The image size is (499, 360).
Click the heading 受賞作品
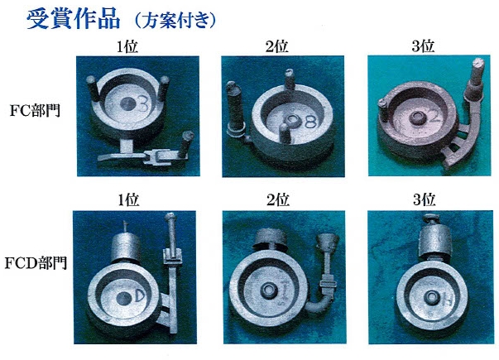(73, 19)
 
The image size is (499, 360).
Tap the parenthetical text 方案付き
(175, 21)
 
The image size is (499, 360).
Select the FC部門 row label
(35, 111)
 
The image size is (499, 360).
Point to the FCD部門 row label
(36, 263)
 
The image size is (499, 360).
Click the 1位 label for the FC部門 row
(127, 47)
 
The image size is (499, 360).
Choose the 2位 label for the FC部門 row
(277, 47)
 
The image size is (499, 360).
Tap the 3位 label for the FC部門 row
(423, 46)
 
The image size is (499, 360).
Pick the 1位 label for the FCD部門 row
(128, 200)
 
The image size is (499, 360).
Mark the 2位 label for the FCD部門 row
(278, 200)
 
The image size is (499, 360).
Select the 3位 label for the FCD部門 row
(425, 200)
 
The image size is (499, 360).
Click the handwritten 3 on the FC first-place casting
(143, 104)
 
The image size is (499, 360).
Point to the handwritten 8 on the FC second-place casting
(310, 122)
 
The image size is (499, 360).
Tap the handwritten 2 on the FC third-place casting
(434, 117)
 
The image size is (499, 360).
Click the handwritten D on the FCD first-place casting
(139, 296)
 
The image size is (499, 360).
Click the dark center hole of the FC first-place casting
(128, 104)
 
